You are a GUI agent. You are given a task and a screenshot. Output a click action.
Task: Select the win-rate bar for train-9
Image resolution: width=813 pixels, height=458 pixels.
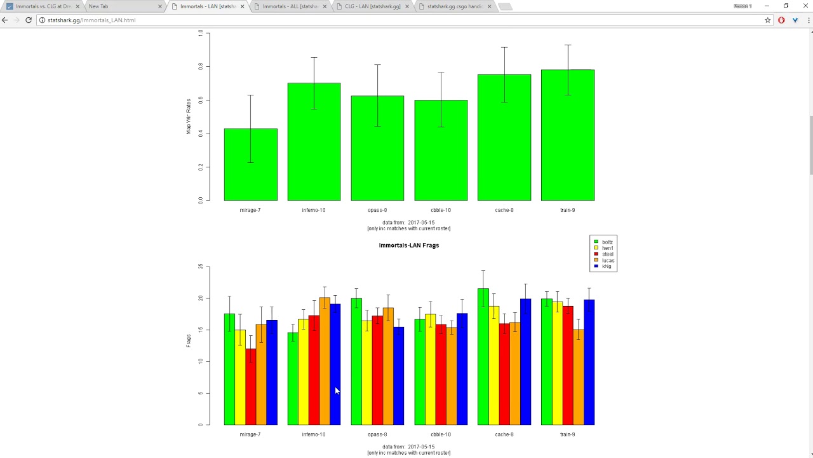point(567,140)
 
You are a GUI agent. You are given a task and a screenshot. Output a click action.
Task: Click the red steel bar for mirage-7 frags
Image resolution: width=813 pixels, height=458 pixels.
point(250,388)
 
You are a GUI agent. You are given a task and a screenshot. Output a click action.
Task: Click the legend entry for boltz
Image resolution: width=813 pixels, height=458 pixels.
point(607,242)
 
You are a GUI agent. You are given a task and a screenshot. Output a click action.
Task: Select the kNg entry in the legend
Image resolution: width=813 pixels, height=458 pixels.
point(607,266)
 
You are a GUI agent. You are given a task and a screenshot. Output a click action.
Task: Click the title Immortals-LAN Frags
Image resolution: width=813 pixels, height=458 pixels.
point(408,246)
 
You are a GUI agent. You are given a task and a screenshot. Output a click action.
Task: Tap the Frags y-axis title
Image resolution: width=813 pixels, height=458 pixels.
point(189,340)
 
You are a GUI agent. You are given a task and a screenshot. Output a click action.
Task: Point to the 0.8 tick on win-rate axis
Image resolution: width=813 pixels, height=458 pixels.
point(200,66)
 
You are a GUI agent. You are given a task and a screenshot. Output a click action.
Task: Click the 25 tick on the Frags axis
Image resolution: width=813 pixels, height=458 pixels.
point(200,267)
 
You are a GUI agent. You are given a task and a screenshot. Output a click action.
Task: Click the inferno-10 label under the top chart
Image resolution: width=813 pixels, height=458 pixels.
point(313,210)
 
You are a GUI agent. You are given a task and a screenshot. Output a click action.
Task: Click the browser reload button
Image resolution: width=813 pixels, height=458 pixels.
point(29,20)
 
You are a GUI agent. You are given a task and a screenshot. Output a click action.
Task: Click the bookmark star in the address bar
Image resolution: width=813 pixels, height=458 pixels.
point(767,20)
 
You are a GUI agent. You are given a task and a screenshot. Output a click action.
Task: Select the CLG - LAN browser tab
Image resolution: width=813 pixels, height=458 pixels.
point(373,6)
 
